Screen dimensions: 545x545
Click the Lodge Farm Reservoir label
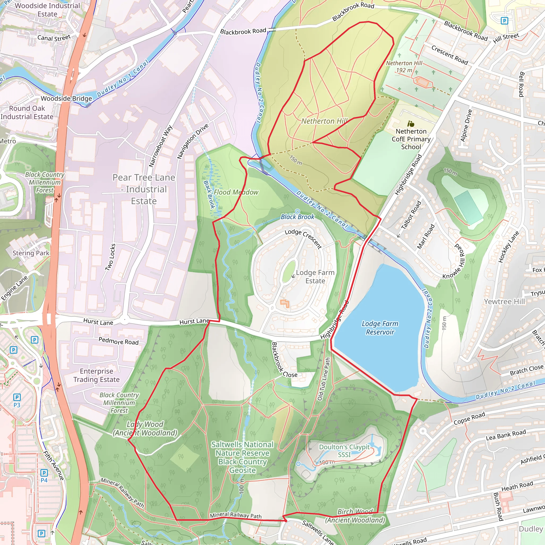[x=380, y=328]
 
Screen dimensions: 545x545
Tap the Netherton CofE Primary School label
[x=411, y=139]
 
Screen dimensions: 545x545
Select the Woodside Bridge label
[x=66, y=98]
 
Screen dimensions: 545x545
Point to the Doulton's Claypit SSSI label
[x=344, y=451]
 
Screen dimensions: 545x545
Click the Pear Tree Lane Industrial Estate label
[x=144, y=189]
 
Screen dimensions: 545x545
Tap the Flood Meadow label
[x=236, y=192]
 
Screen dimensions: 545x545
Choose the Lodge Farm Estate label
[x=315, y=276]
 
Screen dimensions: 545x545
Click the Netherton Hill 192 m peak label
[x=404, y=67]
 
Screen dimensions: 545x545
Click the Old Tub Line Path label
[x=324, y=379]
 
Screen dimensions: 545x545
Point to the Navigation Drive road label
[x=193, y=141]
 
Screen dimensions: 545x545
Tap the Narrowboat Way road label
[x=160, y=146]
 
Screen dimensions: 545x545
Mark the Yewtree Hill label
[x=504, y=302]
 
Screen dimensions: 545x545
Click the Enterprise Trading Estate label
[x=97, y=375]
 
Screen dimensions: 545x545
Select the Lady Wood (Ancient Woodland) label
[x=145, y=428]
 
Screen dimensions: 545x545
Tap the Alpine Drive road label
[x=466, y=125]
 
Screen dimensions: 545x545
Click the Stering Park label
[x=31, y=253]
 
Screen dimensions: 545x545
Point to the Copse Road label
[x=469, y=418]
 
